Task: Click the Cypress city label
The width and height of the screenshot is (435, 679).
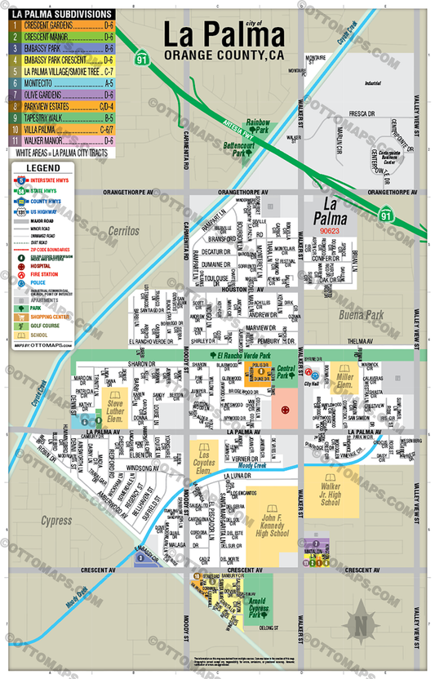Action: [x=56, y=520]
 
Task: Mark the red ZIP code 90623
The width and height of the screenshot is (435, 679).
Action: [x=330, y=231]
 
